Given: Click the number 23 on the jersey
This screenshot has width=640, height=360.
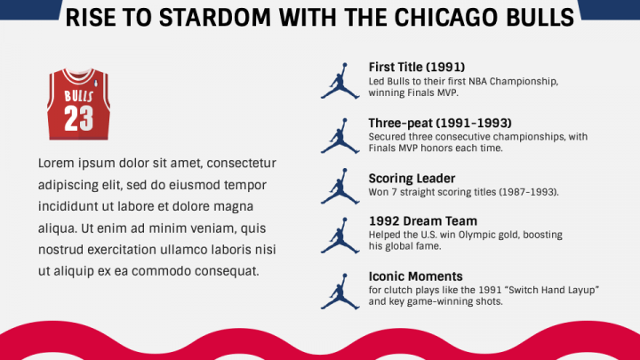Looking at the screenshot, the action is [79, 118].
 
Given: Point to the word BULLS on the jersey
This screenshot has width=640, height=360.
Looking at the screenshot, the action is [79, 96].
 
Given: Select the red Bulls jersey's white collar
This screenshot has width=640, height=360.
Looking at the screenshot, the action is [78, 76].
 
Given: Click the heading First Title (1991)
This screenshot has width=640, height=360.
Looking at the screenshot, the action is [417, 67].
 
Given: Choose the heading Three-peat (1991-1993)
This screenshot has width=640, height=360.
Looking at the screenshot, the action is [440, 123].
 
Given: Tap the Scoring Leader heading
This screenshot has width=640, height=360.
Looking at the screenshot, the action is [412, 179].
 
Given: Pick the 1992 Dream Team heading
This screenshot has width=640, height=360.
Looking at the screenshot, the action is [423, 220].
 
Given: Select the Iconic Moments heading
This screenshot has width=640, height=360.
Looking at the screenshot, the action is [415, 276].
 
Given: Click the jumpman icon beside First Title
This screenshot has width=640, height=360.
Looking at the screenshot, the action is [340, 81].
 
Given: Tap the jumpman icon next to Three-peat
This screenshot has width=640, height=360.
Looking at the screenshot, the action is [340, 136].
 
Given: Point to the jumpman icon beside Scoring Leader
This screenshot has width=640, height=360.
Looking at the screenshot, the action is [340, 186].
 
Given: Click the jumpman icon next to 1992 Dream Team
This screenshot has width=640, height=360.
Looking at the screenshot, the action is [340, 236].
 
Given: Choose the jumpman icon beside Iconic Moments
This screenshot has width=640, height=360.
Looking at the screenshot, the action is [340, 292].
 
